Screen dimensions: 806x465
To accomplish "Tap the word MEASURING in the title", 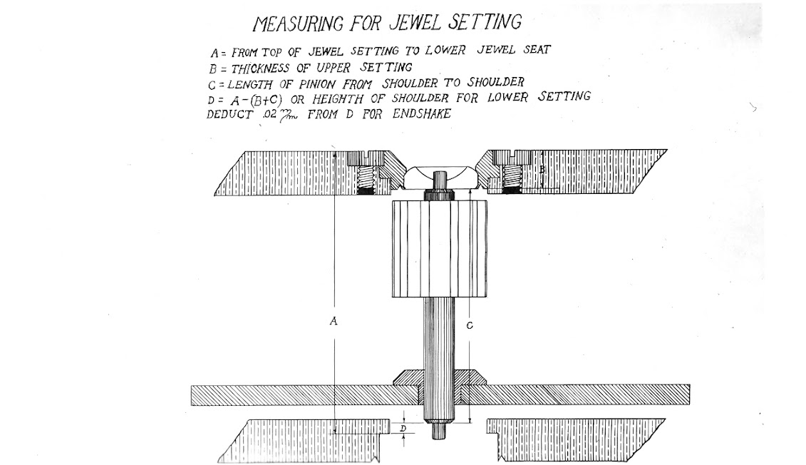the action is [x=298, y=24].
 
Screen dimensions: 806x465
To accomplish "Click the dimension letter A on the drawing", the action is [x=334, y=321].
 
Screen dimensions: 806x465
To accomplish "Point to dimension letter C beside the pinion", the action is [x=470, y=325].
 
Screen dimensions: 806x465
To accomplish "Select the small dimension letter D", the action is [x=403, y=428].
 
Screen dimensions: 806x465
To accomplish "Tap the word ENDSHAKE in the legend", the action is [x=421, y=113].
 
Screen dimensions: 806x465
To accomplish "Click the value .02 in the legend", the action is [x=269, y=115].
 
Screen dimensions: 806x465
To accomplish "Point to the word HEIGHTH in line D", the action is [x=338, y=98].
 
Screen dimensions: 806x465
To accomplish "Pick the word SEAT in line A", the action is [x=537, y=49].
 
